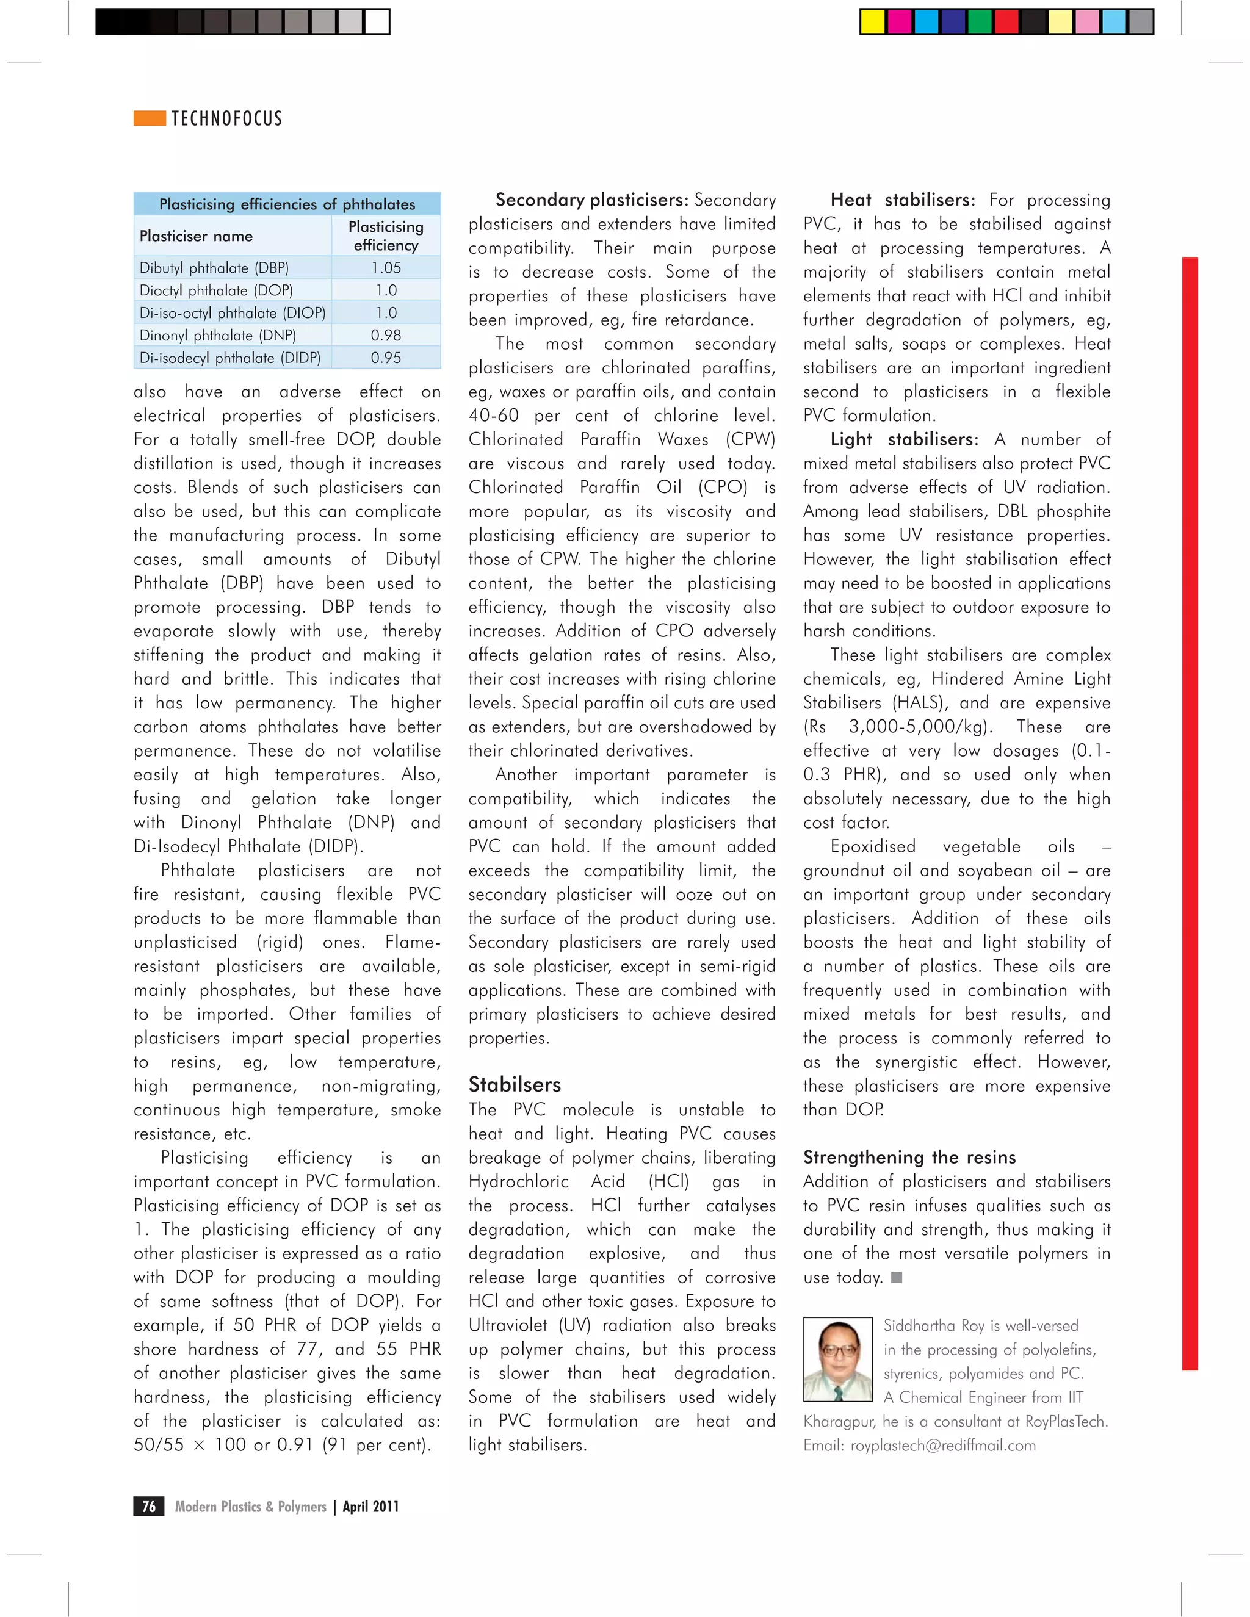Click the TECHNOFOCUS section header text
coord(226,118)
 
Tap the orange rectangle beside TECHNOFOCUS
coord(150,118)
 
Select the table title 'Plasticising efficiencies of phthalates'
coord(287,204)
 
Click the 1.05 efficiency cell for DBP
coord(386,268)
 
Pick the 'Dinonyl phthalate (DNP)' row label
coord(218,336)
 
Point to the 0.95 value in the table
coord(386,358)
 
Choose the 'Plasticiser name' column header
coord(197,236)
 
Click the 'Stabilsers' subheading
coord(515,1085)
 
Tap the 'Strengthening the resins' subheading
coord(909,1157)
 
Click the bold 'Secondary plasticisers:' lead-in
coord(591,200)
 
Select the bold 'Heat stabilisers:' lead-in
coord(903,200)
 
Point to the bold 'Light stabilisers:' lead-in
coord(904,440)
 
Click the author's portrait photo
coord(838,1360)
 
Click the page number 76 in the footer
coord(149,1507)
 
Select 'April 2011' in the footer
coord(370,1507)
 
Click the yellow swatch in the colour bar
coord(872,22)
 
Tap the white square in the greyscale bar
coord(377,22)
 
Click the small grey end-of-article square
coord(896,1278)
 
